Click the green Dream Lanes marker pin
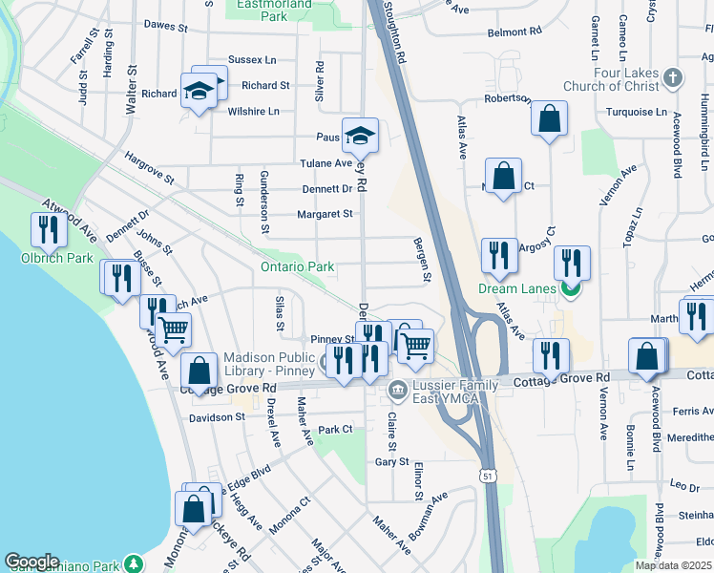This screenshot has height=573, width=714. (571, 288)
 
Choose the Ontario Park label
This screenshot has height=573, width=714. (298, 266)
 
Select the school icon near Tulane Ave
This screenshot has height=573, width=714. (360, 135)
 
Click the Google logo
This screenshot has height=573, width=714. (31, 562)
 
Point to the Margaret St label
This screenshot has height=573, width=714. (325, 214)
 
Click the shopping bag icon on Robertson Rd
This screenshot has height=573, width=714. (549, 118)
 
